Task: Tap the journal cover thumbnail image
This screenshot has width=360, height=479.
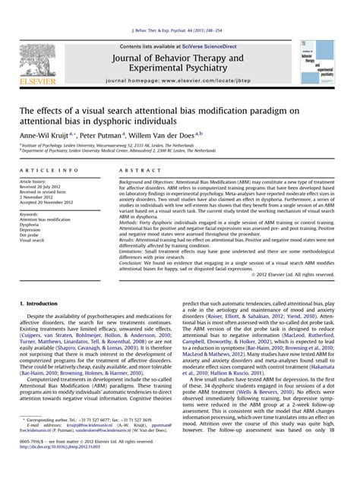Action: pyautogui.click(x=317, y=62)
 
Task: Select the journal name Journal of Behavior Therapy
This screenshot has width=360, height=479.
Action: pyautogui.click(x=178, y=58)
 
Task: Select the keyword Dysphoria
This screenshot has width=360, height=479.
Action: pyautogui.click(x=30, y=225)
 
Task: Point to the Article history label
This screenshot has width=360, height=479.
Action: pyautogui.click(x=33, y=182)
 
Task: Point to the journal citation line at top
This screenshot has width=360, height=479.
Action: pyautogui.click(x=180, y=30)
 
